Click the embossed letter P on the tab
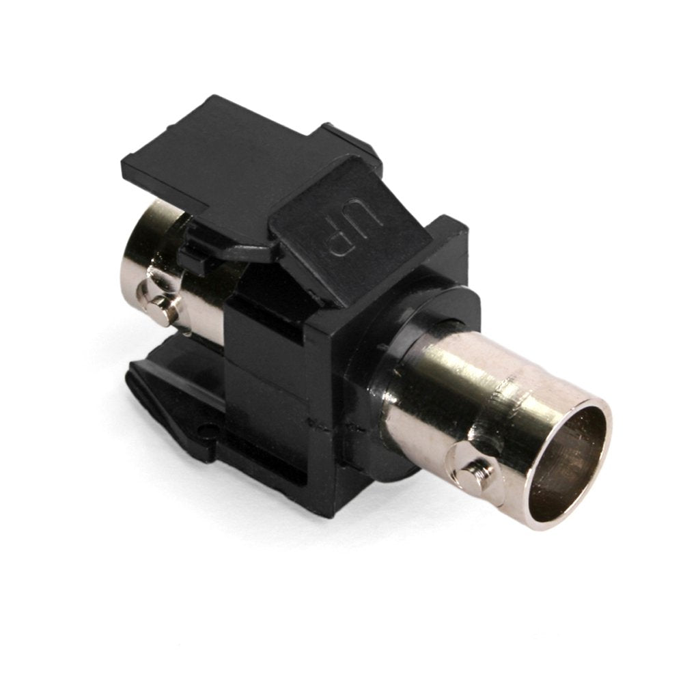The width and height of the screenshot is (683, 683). click(x=339, y=238)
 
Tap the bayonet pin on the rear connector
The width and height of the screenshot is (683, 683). click(x=163, y=308)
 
